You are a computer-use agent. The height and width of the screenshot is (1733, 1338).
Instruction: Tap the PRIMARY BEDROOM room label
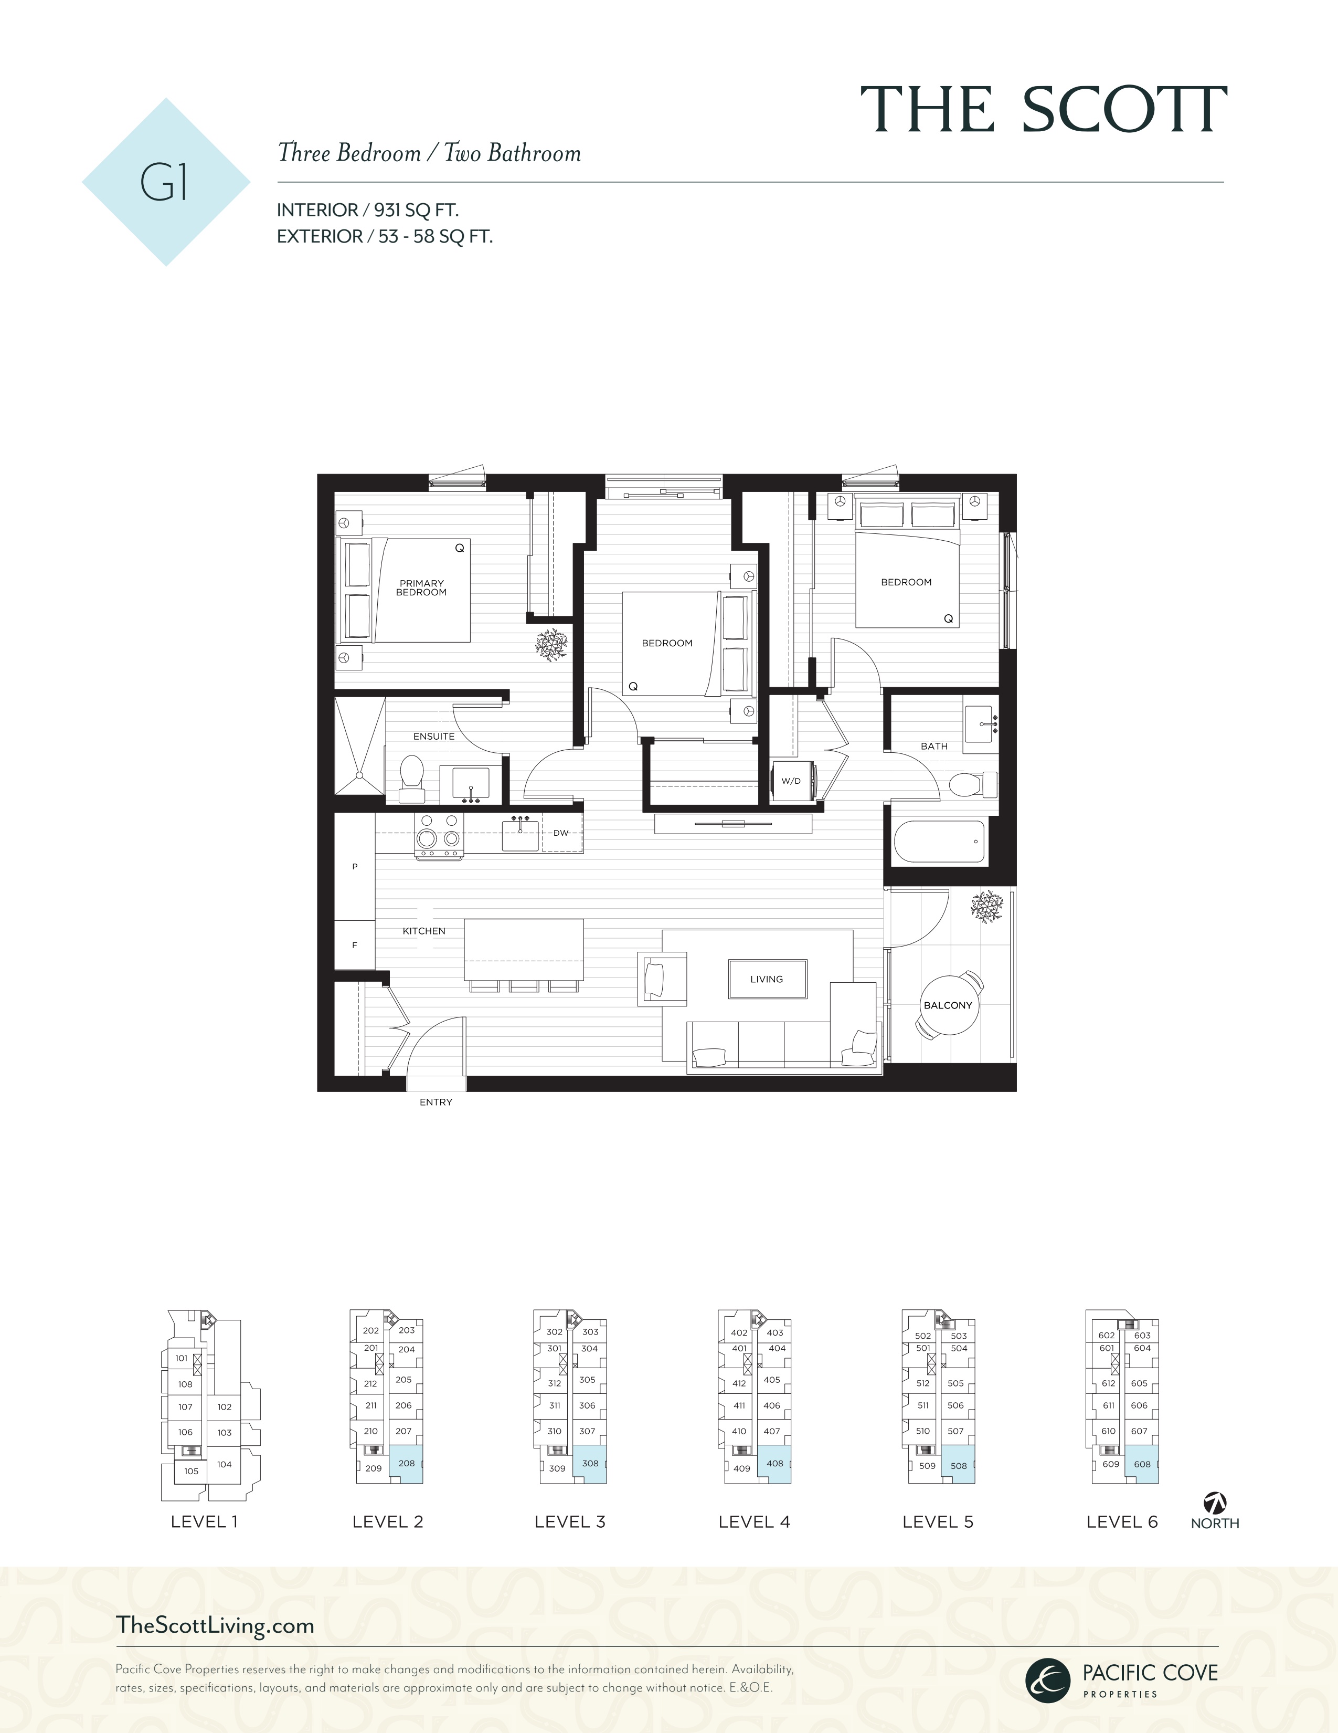point(421,588)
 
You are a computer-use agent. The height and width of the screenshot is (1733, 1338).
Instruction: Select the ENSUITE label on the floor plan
point(434,737)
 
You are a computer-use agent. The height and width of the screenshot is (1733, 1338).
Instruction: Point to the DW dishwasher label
point(561,833)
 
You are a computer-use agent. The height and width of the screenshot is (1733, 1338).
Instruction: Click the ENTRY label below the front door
point(436,1102)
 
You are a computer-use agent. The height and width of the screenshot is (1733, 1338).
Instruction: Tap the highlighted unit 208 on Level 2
point(406,1464)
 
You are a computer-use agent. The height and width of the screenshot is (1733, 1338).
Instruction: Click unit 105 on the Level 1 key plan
point(191,1471)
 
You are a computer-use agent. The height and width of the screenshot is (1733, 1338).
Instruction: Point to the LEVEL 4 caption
point(754,1522)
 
